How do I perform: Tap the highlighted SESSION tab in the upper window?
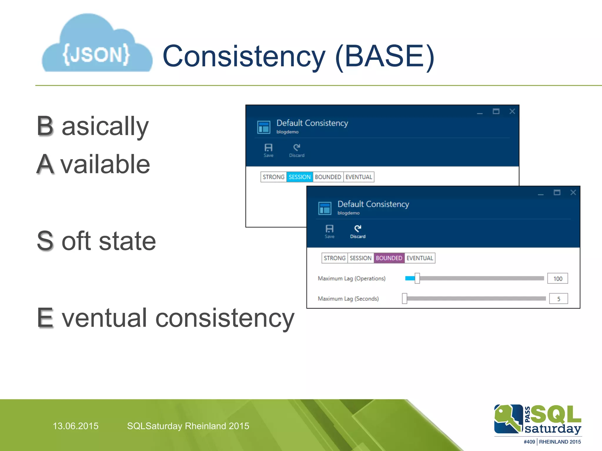[x=299, y=177]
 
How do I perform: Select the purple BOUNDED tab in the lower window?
[x=389, y=258]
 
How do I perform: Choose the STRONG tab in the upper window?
[x=273, y=177]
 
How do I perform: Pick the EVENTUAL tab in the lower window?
[x=419, y=258]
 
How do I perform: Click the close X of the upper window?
[x=512, y=112]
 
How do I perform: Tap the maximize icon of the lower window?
[x=557, y=193]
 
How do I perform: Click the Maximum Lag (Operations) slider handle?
[x=417, y=278]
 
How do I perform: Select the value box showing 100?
[x=557, y=279]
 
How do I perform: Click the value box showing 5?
[x=558, y=299]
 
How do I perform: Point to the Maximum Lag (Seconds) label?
[x=348, y=299]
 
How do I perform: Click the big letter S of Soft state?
[x=45, y=241]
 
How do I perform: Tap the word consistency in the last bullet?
[x=225, y=318]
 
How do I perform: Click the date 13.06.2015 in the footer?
[x=76, y=426]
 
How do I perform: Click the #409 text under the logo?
[x=529, y=442]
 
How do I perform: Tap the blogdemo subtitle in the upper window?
[x=287, y=132]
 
